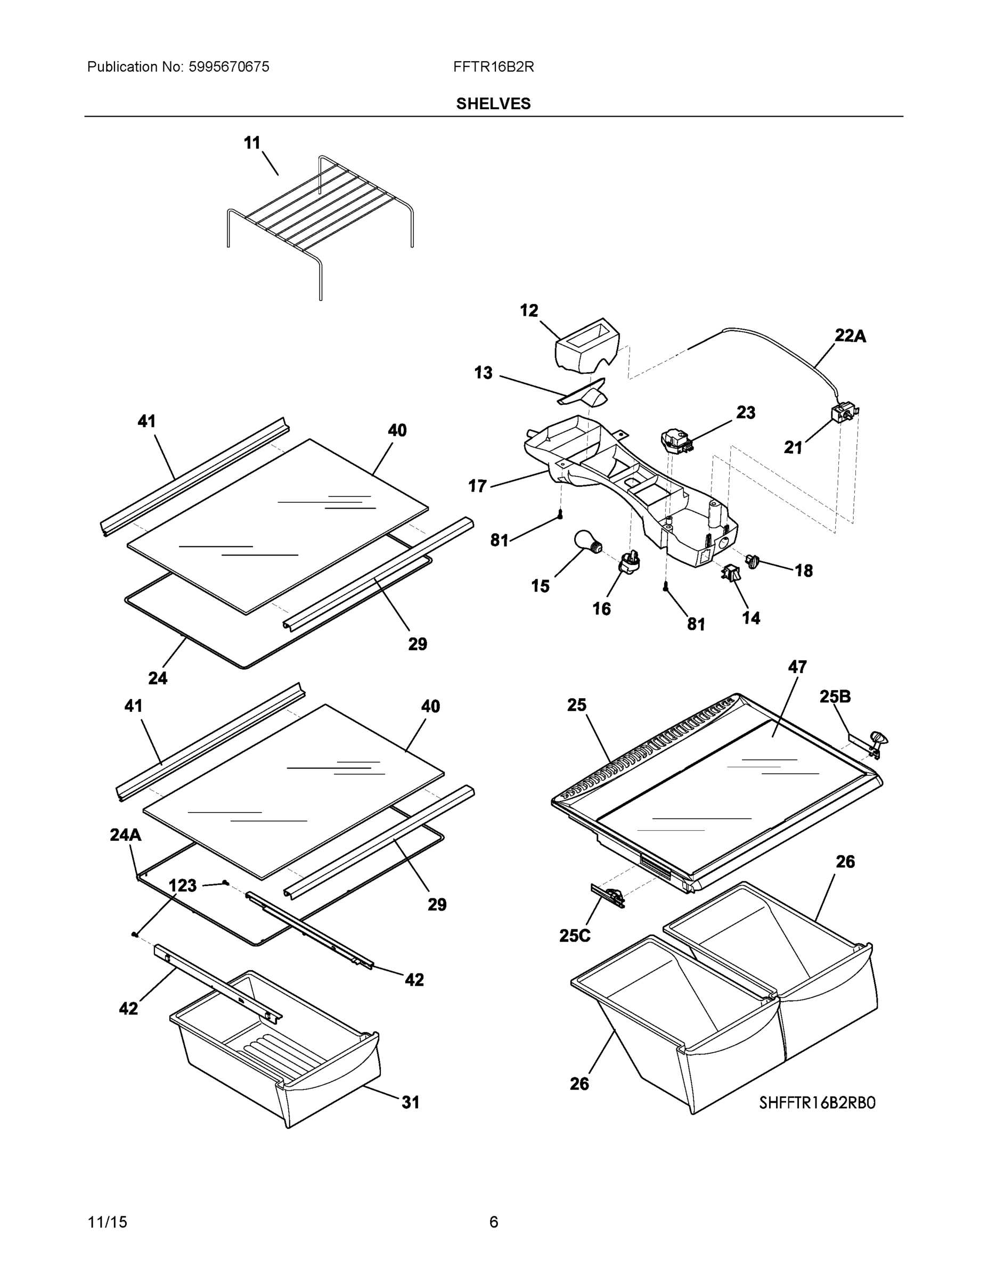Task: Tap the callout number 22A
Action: tap(850, 336)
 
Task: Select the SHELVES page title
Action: tap(493, 104)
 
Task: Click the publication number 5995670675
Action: tap(229, 67)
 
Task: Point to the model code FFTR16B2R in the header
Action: tap(493, 67)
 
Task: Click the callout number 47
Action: tap(797, 667)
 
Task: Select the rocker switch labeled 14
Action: tap(731, 574)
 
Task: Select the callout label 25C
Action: tap(575, 936)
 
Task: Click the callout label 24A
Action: tap(125, 835)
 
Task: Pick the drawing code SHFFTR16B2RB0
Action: tap(817, 1103)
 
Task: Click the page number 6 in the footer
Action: tap(493, 1222)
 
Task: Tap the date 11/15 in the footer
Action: tap(107, 1222)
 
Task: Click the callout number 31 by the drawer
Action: tap(410, 1102)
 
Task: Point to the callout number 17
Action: tap(478, 486)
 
